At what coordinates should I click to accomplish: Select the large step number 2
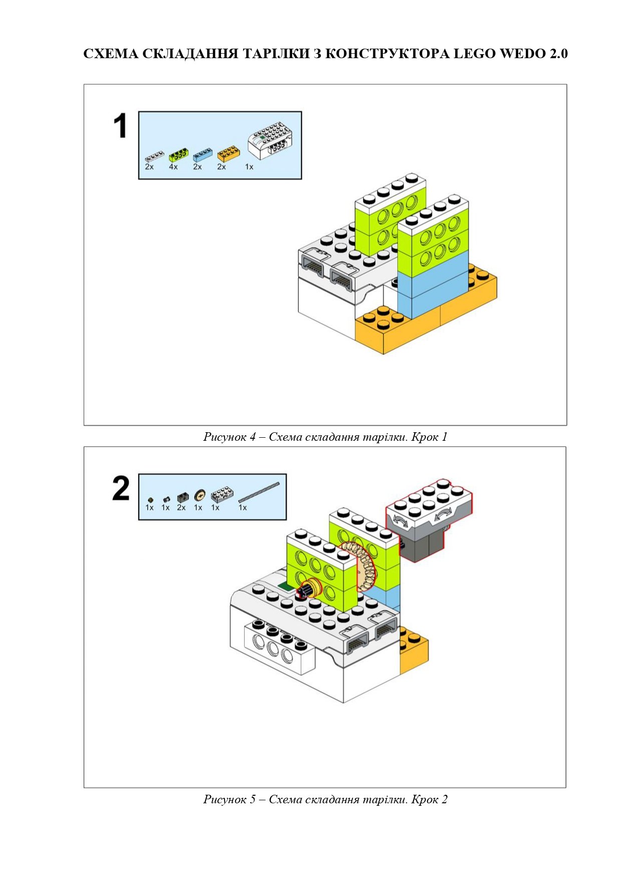(x=121, y=488)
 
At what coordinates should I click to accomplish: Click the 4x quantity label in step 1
(x=173, y=166)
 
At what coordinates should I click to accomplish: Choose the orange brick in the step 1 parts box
(x=228, y=152)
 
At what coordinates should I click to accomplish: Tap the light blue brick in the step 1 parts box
(x=203, y=153)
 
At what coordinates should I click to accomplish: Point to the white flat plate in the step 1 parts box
(x=154, y=155)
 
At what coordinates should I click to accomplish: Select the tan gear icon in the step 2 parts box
(x=199, y=496)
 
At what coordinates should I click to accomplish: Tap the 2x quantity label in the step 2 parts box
(x=181, y=507)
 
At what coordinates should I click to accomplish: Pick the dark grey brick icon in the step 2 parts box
(x=181, y=497)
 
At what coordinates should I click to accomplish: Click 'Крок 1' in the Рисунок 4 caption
(x=429, y=437)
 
